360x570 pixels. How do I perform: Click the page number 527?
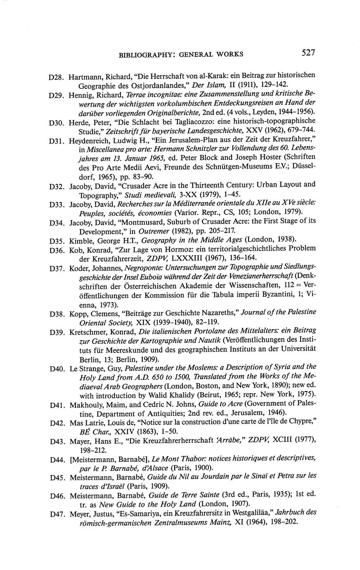(308, 52)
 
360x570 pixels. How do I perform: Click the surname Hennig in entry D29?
(80, 95)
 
